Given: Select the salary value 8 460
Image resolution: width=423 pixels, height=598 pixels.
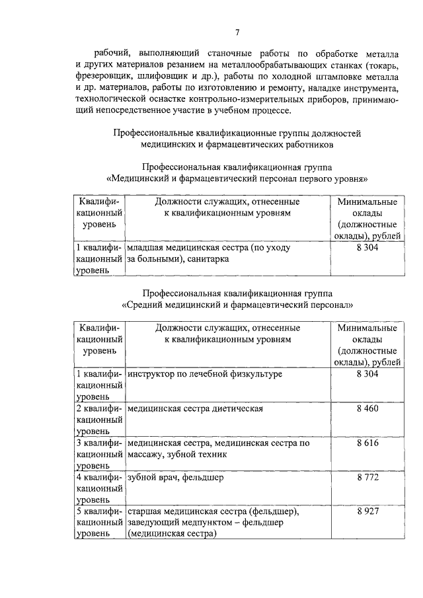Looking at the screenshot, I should click(x=367, y=408).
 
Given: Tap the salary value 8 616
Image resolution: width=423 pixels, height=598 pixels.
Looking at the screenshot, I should click(x=367, y=443).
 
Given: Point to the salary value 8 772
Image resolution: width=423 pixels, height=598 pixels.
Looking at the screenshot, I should click(x=367, y=477).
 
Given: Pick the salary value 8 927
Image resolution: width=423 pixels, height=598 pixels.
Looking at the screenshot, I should click(x=367, y=511).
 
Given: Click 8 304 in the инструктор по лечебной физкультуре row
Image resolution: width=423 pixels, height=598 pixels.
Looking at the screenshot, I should click(x=367, y=374).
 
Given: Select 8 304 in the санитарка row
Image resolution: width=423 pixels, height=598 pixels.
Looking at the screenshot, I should click(x=367, y=248).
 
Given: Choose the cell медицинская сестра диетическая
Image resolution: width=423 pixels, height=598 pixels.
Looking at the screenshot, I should click(x=195, y=408).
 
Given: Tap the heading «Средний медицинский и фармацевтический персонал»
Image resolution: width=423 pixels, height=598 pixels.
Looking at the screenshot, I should click(x=237, y=305).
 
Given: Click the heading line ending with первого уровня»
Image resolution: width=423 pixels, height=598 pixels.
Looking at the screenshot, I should click(x=237, y=178).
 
